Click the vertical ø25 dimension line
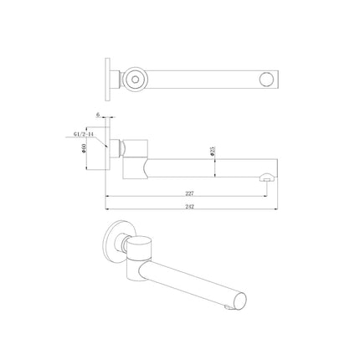[217, 159]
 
